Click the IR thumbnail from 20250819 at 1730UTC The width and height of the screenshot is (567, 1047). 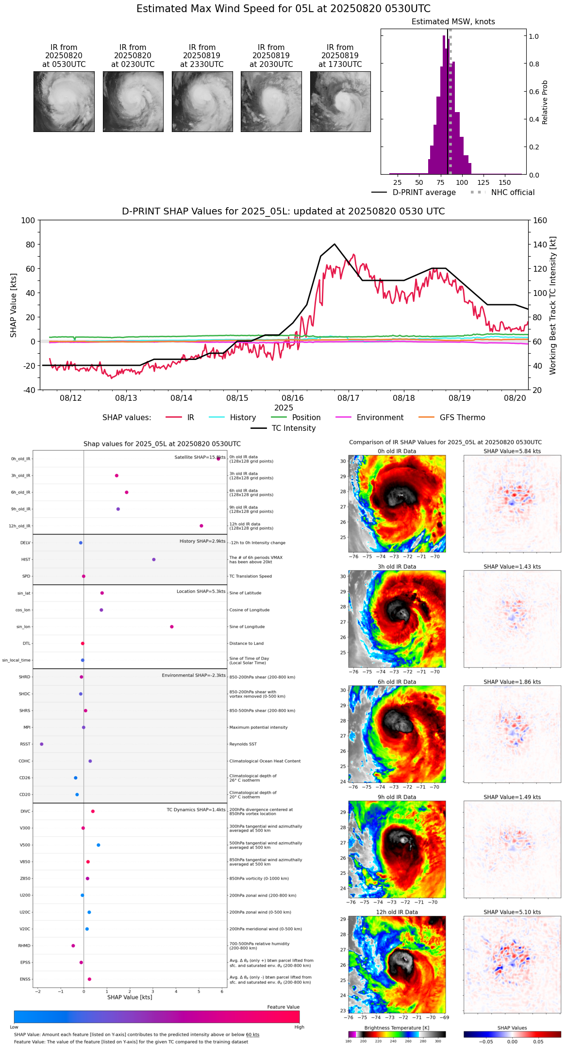pyautogui.click(x=340, y=101)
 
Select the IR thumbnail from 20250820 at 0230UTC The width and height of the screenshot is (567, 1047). pyautogui.click(x=133, y=101)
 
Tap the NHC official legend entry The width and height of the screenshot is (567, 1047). pyautogui.click(x=513, y=193)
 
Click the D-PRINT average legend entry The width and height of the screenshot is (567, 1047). pyautogui.click(x=424, y=193)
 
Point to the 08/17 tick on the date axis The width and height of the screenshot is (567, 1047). pyautogui.click(x=349, y=398)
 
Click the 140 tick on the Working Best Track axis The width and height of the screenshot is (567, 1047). pyautogui.click(x=540, y=245)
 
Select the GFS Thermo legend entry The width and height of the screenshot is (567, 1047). pyautogui.click(x=462, y=418)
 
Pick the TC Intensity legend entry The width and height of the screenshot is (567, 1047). pyautogui.click(x=293, y=428)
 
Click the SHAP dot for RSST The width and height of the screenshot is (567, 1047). pyautogui.click(x=42, y=744)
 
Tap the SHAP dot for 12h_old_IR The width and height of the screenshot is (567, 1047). pyautogui.click(x=201, y=526)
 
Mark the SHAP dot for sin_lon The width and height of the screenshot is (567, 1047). pyautogui.click(x=172, y=627)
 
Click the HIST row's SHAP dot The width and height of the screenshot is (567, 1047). pyautogui.click(x=154, y=559)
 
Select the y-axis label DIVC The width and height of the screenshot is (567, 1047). pyautogui.click(x=25, y=812)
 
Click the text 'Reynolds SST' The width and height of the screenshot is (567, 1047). pyautogui.click(x=243, y=744)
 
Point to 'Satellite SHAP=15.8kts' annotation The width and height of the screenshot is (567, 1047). pyautogui.click(x=200, y=458)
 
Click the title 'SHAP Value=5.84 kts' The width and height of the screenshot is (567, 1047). pyautogui.click(x=512, y=451)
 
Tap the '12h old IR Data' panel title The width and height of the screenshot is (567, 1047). pyautogui.click(x=397, y=912)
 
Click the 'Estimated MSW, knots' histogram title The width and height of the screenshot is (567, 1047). pyautogui.click(x=453, y=22)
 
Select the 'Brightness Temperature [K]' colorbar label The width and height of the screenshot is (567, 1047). pyautogui.click(x=397, y=1028)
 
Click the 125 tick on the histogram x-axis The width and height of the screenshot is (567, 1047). pyautogui.click(x=484, y=183)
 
